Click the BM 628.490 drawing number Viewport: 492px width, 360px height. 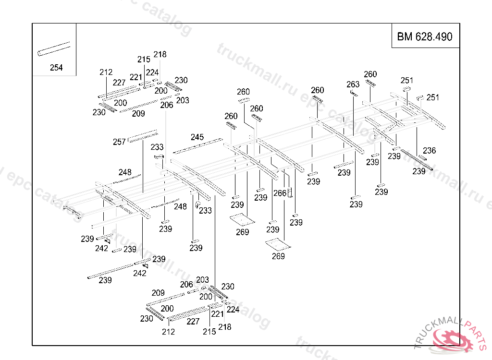[425, 36]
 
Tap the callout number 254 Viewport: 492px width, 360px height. [56, 68]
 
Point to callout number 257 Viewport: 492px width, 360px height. [119, 142]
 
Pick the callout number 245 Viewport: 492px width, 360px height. [197, 137]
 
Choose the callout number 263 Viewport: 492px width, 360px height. [353, 84]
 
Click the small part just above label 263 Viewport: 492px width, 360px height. [354, 93]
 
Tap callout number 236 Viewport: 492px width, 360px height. [429, 150]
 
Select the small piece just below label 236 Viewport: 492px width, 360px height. [422, 157]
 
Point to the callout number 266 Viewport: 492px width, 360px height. [280, 193]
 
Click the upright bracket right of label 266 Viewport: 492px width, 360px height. [290, 194]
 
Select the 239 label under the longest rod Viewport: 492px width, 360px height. [105, 280]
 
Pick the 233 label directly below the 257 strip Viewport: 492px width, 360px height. [157, 147]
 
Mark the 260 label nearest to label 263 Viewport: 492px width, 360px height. [370, 74]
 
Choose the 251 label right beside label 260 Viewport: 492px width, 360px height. [407, 80]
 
